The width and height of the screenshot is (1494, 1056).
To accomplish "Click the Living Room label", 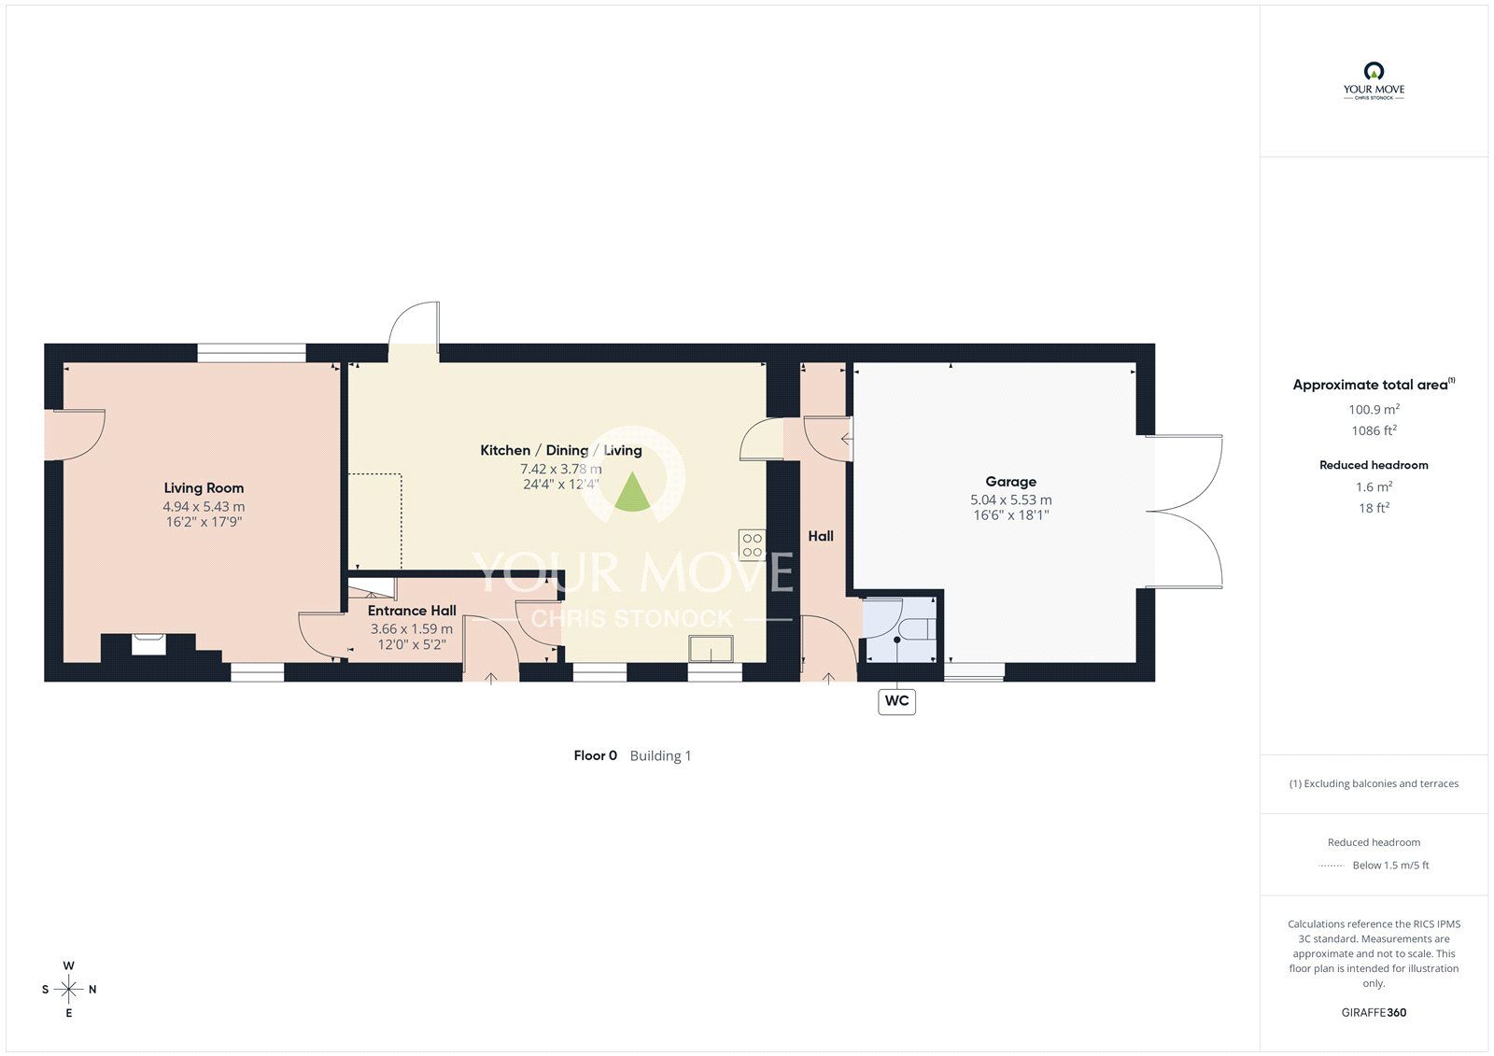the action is pyautogui.click(x=204, y=488).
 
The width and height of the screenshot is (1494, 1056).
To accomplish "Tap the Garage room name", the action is pyautogui.click(x=1010, y=482).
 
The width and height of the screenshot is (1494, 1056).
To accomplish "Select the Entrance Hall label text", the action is pyautogui.click(x=412, y=611).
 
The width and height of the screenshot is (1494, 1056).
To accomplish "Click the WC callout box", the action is pyautogui.click(x=896, y=701).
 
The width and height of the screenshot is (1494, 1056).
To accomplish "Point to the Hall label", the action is pyautogui.click(x=821, y=536).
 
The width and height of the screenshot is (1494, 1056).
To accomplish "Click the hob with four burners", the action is pyautogui.click(x=752, y=544).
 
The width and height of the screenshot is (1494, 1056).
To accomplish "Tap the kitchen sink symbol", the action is pyautogui.click(x=711, y=648).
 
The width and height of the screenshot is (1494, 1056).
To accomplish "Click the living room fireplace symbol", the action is pyautogui.click(x=148, y=644).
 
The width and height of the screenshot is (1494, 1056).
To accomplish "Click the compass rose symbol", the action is pyautogui.click(x=69, y=990).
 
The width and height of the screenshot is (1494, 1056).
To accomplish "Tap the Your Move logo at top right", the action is pyautogui.click(x=1374, y=80).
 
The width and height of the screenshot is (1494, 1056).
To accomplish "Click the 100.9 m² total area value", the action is pyautogui.click(x=1374, y=409).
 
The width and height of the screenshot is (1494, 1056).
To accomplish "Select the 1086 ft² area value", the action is pyautogui.click(x=1374, y=430).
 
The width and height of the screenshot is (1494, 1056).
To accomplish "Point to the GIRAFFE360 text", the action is pyautogui.click(x=1374, y=1012).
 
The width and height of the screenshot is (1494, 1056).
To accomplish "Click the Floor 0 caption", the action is pyautogui.click(x=595, y=755).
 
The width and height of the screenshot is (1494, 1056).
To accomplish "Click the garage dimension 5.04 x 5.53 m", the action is pyautogui.click(x=1010, y=500).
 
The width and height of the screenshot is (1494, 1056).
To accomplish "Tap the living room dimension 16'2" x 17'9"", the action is pyautogui.click(x=204, y=522).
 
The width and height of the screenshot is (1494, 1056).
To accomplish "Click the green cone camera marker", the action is pyautogui.click(x=631, y=492).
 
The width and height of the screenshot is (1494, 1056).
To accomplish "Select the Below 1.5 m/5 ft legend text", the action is pyautogui.click(x=1390, y=866).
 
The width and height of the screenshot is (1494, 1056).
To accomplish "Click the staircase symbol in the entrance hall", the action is pyautogui.click(x=372, y=589).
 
